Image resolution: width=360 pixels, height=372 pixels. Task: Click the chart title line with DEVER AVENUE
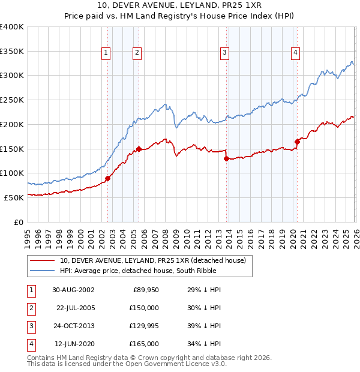(180, 6)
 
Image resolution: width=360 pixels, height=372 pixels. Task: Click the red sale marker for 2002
(108, 178)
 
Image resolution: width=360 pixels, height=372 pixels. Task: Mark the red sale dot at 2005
(139, 149)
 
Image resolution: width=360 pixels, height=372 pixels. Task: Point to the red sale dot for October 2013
(226, 159)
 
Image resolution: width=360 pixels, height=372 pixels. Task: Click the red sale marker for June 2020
(297, 142)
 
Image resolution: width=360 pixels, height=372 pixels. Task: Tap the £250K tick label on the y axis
(12, 100)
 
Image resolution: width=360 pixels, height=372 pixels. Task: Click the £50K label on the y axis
(14, 197)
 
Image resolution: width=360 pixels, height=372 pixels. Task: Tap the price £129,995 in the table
(143, 326)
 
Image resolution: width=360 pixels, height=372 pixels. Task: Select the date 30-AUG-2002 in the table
(73, 289)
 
